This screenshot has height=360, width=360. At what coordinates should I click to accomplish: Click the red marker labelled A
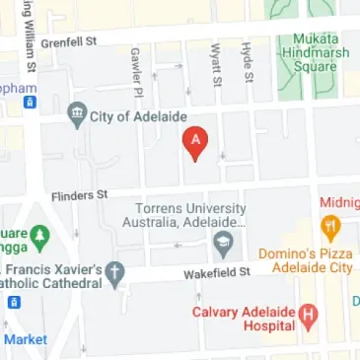click(x=195, y=144)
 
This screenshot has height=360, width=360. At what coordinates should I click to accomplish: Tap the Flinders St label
click(x=79, y=196)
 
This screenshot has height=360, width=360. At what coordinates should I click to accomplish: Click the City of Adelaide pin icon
click(x=76, y=114)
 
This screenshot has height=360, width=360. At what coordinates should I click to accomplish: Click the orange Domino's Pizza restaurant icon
click(x=331, y=229)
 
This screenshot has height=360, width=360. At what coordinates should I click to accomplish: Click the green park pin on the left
click(x=39, y=237)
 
